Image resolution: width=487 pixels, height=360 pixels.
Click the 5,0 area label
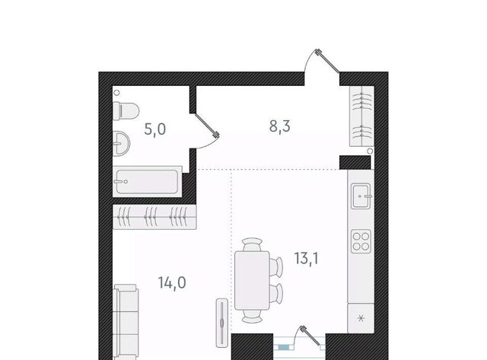[155, 129]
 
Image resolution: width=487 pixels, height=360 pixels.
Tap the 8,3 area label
[279, 126]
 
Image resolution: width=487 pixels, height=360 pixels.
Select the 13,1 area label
[306, 259]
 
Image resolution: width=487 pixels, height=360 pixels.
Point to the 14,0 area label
[172, 283]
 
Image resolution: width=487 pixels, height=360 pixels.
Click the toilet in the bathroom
[126, 111]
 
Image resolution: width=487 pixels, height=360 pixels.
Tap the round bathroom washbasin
[121, 144]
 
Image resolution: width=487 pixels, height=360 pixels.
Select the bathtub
[147, 182]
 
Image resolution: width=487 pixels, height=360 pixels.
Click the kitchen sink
[361, 196]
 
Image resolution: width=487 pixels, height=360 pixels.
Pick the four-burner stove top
[361, 241]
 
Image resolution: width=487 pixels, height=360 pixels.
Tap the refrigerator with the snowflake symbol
[361, 318]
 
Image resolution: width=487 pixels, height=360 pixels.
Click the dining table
[252, 281]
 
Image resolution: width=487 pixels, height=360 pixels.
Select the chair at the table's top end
[252, 244]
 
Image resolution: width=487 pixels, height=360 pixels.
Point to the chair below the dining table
[252, 316]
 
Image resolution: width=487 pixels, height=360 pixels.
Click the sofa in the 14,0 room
[126, 322]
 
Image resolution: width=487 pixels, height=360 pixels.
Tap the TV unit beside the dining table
[222, 323]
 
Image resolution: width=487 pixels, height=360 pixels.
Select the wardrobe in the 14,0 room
[154, 217]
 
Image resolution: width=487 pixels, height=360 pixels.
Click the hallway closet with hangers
[361, 116]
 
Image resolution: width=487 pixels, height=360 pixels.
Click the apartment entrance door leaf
[327, 61]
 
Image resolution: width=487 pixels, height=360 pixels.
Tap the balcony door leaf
[310, 336]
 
